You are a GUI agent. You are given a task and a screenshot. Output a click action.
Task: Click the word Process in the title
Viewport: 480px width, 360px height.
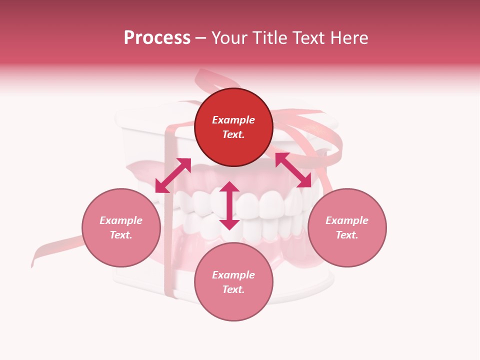157,38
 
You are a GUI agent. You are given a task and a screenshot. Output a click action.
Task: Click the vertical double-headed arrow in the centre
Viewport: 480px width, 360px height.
229,205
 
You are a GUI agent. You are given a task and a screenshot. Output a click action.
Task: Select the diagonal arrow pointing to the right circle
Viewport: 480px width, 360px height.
293,170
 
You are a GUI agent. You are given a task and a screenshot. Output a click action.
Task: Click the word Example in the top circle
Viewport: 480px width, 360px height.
233,120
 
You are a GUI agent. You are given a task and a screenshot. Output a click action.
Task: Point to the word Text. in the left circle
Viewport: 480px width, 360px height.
121,235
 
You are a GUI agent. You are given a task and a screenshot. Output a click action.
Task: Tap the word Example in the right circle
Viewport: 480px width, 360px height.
347,220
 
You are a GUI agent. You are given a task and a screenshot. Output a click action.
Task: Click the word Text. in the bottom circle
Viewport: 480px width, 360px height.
233,289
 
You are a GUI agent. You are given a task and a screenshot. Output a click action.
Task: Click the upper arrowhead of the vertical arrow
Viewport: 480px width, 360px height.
229,187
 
